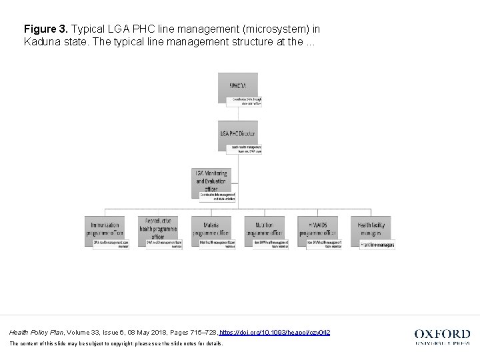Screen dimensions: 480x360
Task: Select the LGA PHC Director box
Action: [238, 133]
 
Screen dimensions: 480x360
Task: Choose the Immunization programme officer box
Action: [105, 227]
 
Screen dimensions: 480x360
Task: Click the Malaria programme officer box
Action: [211, 227]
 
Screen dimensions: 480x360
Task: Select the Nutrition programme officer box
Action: [264, 227]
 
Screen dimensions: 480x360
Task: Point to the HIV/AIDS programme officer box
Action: [317, 227]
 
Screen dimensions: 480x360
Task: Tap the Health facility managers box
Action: [371, 227]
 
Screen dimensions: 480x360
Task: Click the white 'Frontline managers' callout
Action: [377, 245]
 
